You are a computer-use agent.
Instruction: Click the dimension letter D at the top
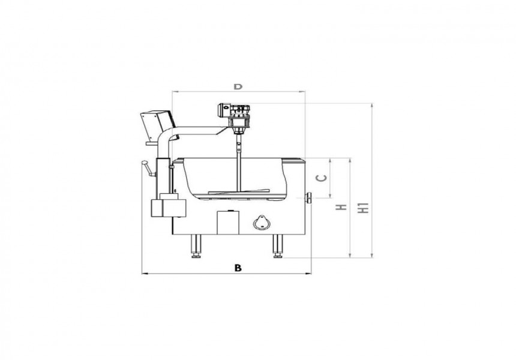click(238, 87)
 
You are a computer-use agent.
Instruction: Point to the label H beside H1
click(342, 208)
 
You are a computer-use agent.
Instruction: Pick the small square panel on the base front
click(227, 222)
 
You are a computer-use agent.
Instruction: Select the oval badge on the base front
click(262, 222)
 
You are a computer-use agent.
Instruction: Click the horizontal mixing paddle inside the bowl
click(239, 193)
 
